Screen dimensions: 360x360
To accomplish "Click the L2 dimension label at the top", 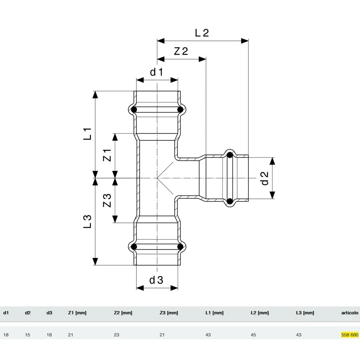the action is pyautogui.click(x=202, y=33).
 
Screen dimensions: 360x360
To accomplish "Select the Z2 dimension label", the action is pyautogui.click(x=181, y=51).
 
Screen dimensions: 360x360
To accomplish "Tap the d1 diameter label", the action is pyautogui.click(x=156, y=72).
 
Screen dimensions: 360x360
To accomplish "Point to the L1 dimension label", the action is pyautogui.click(x=88, y=134).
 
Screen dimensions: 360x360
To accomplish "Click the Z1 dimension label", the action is pyautogui.click(x=107, y=155).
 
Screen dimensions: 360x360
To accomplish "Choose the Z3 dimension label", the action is pyautogui.click(x=107, y=200).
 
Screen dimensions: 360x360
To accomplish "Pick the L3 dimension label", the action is pyautogui.click(x=88, y=222).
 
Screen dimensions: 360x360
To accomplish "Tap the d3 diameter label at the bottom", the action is pyautogui.click(x=156, y=280).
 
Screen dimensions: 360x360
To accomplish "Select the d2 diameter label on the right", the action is pyautogui.click(x=265, y=178).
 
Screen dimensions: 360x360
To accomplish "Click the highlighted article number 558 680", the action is pyautogui.click(x=350, y=335).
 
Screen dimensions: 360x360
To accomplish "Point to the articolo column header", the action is pyautogui.click(x=350, y=313).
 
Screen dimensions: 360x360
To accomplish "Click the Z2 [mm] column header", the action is pyautogui.click(x=123, y=313).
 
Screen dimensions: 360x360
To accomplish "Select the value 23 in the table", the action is pyautogui.click(x=116, y=335).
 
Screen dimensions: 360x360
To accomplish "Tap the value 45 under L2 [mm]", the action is pyautogui.click(x=253, y=335).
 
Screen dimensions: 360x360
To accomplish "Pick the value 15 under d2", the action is pyautogui.click(x=28, y=335).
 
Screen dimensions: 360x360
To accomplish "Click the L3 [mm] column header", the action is pyautogui.click(x=305, y=313).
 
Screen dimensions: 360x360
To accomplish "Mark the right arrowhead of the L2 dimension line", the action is pyautogui.click(x=245, y=41).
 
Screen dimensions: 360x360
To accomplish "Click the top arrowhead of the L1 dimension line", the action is pyautogui.click(x=95, y=94).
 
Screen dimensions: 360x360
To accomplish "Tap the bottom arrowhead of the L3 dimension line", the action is pyautogui.click(x=95, y=262).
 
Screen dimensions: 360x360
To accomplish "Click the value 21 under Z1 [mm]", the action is pyautogui.click(x=70, y=335).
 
